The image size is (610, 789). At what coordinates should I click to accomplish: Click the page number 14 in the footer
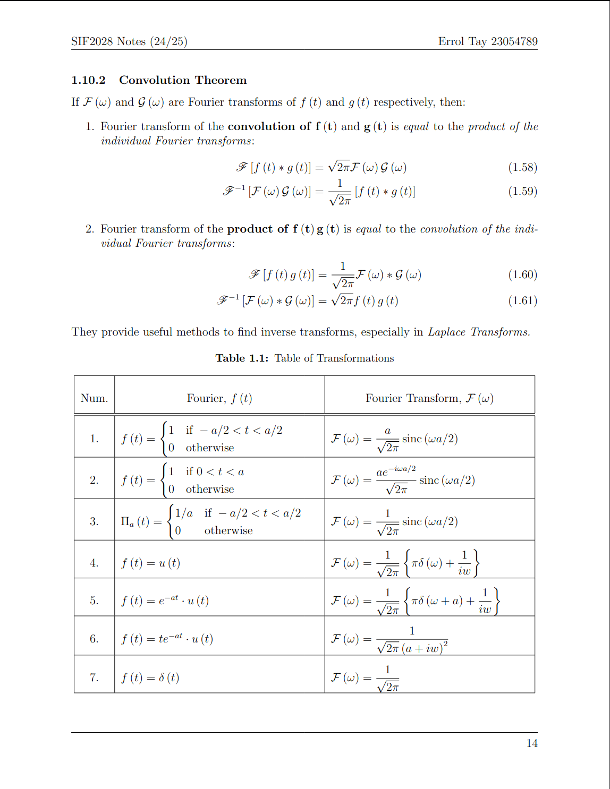(532, 743)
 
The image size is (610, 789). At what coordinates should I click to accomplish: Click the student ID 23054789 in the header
(514, 41)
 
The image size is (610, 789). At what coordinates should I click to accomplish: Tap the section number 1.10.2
(88, 80)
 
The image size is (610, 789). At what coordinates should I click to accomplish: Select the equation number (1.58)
(522, 168)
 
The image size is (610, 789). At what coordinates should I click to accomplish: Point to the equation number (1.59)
(522, 191)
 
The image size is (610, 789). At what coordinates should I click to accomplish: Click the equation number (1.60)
(522, 275)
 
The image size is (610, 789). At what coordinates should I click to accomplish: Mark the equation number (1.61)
(522, 301)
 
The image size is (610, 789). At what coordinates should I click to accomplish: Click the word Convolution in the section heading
(149, 80)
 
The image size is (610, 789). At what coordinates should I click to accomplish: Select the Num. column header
(94, 398)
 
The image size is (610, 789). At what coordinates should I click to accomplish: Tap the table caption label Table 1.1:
(242, 358)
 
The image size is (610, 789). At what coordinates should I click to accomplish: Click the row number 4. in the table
(94, 563)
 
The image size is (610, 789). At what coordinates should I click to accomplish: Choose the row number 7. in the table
(94, 677)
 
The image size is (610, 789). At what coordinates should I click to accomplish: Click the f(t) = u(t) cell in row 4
(150, 563)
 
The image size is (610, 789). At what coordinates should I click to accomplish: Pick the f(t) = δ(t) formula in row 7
(150, 677)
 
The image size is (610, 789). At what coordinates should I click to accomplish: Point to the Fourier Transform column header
(429, 398)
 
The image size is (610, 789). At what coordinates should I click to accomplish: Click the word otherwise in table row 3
(228, 530)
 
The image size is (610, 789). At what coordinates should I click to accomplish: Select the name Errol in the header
(451, 41)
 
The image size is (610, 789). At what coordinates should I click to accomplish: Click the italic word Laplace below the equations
(446, 332)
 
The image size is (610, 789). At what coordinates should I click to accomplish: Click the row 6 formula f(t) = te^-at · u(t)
(167, 639)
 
